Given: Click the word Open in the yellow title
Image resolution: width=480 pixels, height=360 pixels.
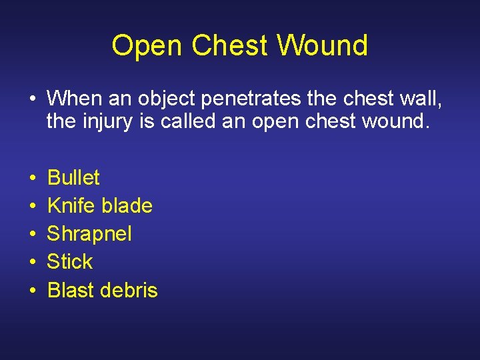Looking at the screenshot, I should [147, 46].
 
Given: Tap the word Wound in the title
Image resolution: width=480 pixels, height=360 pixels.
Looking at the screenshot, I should [323, 45].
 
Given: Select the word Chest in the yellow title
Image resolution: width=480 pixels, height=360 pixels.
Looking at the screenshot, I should [230, 45].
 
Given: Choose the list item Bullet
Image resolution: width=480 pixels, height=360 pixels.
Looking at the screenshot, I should [73, 178].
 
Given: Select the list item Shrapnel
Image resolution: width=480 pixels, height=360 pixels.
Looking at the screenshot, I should [89, 234].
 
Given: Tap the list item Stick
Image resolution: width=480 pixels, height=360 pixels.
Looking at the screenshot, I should [70, 262].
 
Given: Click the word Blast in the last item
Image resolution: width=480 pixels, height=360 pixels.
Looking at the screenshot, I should [71, 290].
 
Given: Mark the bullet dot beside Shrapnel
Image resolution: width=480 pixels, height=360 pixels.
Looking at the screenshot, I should [32, 235].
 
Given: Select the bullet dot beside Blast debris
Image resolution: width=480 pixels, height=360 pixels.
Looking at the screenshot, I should [32, 291].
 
